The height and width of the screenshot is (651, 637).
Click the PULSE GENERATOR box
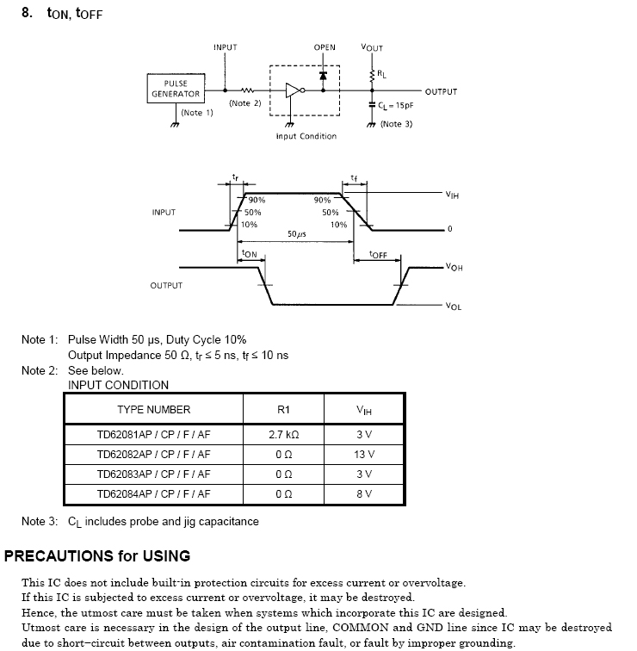pyautogui.click(x=176, y=89)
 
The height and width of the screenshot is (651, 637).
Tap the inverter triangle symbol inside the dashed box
pyautogui.click(x=293, y=90)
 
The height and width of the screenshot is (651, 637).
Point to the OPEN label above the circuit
pyautogui.click(x=325, y=47)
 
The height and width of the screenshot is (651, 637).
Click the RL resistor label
pyautogui.click(x=381, y=75)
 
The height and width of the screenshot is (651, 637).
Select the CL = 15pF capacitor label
pyautogui.click(x=396, y=106)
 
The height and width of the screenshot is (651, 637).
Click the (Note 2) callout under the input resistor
pyautogui.click(x=245, y=103)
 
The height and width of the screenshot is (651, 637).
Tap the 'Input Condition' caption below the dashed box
pyautogui.click(x=306, y=136)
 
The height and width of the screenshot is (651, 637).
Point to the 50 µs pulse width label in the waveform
pyautogui.click(x=297, y=234)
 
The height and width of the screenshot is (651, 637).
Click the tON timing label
pyautogui.click(x=250, y=254)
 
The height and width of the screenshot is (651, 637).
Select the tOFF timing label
pyautogui.click(x=378, y=255)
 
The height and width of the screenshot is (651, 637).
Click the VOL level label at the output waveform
pyautogui.click(x=454, y=307)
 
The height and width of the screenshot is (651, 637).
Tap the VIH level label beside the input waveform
pyautogui.click(x=453, y=195)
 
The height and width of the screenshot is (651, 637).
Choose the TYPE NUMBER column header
pyautogui.click(x=154, y=410)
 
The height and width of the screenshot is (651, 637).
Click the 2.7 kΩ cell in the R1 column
pyautogui.click(x=284, y=435)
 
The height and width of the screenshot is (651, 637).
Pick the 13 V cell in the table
pyautogui.click(x=364, y=455)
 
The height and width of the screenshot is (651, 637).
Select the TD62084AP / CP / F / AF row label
pyautogui.click(x=153, y=494)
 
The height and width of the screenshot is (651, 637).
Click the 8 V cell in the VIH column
pyautogui.click(x=364, y=494)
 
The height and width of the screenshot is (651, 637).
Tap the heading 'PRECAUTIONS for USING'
pyautogui.click(x=97, y=556)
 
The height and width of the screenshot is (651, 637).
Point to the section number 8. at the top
pyautogui.click(x=27, y=14)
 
